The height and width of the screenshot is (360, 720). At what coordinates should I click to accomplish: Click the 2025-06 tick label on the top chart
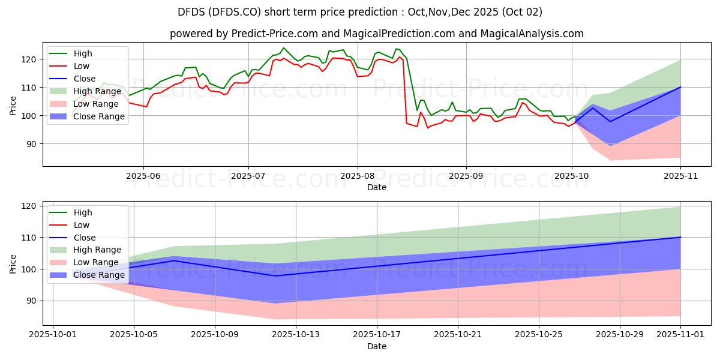click(x=143, y=176)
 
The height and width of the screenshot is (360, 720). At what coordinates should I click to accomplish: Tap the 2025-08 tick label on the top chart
click(x=358, y=176)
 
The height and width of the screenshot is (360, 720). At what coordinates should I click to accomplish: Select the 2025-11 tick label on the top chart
click(x=680, y=176)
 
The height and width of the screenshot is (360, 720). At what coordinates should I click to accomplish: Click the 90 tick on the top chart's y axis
click(x=34, y=144)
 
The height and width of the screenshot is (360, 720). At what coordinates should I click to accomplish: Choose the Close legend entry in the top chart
click(x=85, y=79)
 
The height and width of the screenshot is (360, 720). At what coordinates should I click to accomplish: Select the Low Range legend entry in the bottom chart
click(x=97, y=262)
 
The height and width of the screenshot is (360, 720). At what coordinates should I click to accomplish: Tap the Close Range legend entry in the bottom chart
click(x=99, y=275)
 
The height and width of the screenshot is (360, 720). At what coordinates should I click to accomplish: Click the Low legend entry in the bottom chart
click(x=81, y=225)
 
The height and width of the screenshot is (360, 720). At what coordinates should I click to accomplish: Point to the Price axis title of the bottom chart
click(x=13, y=263)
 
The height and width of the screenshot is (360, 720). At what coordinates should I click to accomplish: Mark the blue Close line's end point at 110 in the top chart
click(x=680, y=87)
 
